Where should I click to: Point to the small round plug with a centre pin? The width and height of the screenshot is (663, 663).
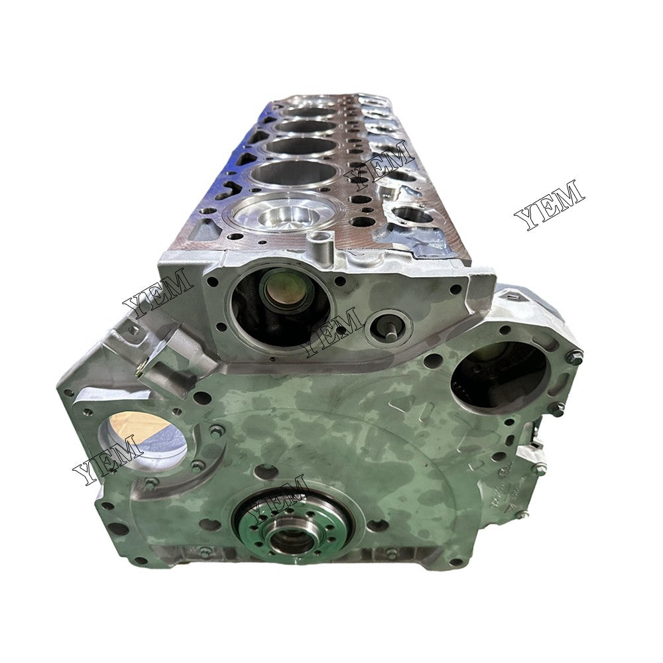[389, 326]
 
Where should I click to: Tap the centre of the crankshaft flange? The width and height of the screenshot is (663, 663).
[290, 534]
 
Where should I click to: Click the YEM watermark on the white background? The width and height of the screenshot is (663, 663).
[550, 203]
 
